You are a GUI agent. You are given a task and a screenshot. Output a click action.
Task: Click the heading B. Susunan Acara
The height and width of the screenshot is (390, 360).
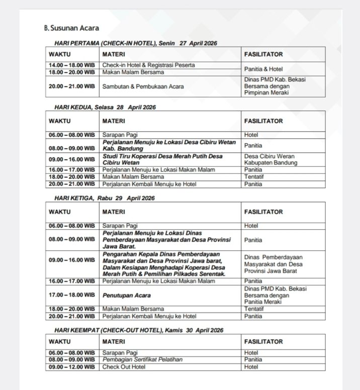pos(71,28)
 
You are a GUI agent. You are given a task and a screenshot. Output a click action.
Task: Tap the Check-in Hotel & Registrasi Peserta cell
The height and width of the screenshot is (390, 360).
pos(148,65)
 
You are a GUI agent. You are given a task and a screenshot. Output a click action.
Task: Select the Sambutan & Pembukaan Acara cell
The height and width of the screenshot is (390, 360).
pos(143,86)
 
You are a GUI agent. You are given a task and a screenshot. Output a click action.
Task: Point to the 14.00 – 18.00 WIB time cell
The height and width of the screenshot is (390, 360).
pos(72,65)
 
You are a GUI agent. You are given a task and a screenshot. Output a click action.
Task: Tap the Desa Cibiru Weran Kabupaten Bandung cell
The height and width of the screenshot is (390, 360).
pos(271,159)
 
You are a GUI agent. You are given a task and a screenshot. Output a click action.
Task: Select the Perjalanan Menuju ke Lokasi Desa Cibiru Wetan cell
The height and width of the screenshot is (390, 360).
pos(168,146)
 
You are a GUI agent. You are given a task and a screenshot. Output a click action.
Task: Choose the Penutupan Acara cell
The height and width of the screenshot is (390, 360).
pos(127,296)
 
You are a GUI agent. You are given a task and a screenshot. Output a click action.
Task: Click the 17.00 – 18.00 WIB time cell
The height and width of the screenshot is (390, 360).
pos(72,296)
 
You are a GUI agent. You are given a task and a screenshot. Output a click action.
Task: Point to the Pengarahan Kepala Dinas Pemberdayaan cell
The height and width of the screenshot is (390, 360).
pos(165,264)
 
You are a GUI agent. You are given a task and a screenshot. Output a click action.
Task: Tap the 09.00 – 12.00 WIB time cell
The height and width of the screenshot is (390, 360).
pos(72,367)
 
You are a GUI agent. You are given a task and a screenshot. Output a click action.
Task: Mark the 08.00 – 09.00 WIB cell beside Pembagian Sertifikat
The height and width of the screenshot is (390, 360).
pos(72,360)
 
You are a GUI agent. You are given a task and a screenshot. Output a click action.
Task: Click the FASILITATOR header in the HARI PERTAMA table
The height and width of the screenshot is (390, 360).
pos(263,54)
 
